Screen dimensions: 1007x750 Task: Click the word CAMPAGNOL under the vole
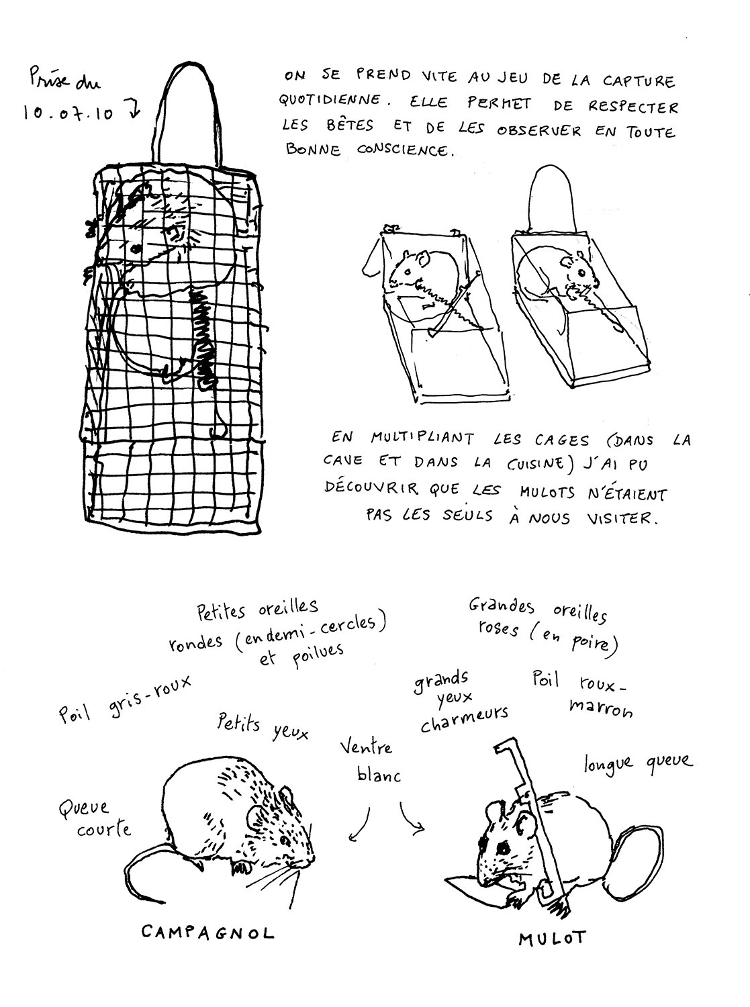click(207, 932)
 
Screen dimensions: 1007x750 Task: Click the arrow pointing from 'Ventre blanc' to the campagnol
click(361, 826)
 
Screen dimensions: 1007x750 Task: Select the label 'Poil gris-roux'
click(124, 702)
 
